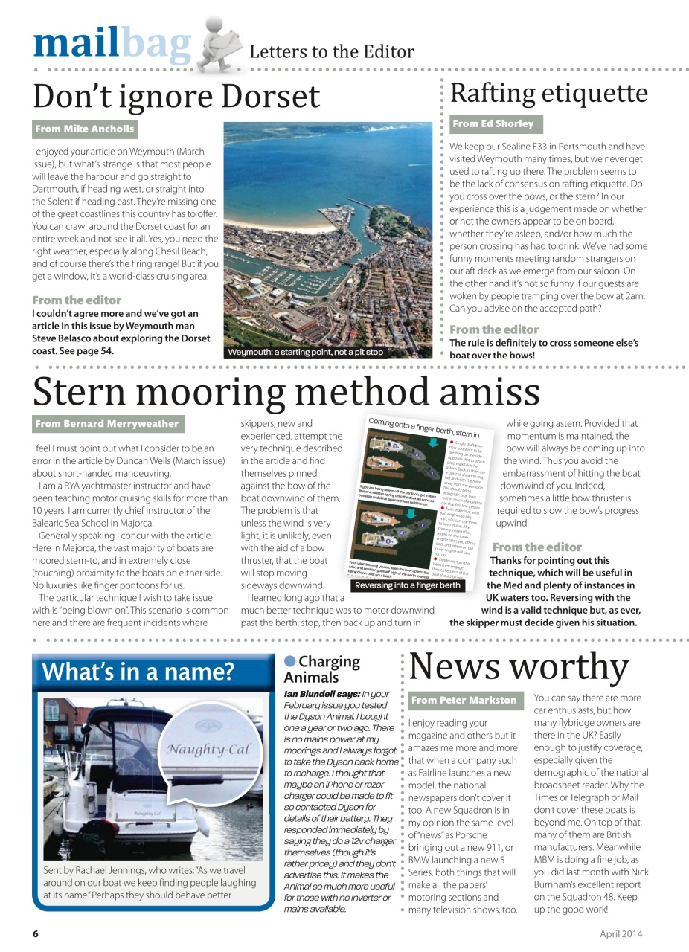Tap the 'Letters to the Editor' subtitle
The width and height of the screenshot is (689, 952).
coord(331,52)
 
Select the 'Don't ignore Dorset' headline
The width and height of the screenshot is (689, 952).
coord(176,96)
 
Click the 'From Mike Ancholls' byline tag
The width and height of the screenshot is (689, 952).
coord(85,129)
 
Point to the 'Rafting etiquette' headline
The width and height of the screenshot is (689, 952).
coord(549,94)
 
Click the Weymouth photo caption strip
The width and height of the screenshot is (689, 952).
coord(306,352)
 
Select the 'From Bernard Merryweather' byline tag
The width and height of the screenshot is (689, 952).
coord(107,424)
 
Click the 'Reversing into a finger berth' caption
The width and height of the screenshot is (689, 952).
coord(408,585)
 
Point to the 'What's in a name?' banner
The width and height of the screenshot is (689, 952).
coord(138,672)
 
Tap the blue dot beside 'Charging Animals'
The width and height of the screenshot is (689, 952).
coord(289,661)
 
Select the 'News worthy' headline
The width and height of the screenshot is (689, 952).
coord(519,666)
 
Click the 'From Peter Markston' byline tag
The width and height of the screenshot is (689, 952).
coord(464,700)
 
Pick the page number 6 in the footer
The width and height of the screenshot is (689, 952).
coord(35,934)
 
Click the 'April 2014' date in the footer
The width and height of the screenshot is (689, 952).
coord(621,934)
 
